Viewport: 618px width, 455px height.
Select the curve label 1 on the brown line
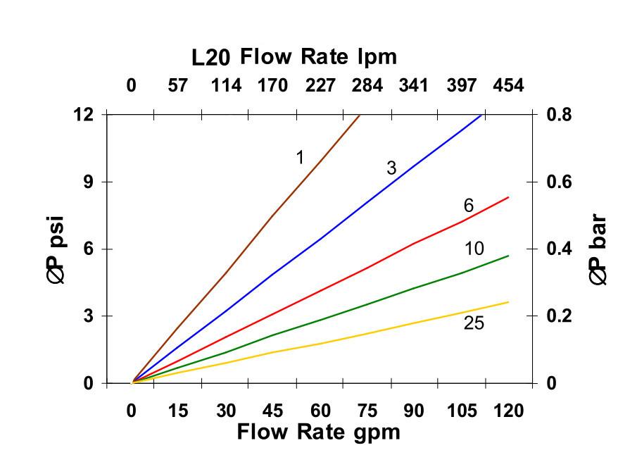[300, 158]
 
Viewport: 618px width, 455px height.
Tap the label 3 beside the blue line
[391, 168]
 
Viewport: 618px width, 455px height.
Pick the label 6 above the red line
[468, 206]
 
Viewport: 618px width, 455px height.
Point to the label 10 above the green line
[474, 249]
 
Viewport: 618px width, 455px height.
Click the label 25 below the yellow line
[474, 323]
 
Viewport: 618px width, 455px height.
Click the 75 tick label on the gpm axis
[367, 411]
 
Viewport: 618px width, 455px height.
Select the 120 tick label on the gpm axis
[509, 411]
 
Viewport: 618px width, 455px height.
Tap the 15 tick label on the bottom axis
[179, 411]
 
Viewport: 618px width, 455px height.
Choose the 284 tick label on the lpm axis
[367, 86]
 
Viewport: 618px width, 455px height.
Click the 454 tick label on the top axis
[509, 86]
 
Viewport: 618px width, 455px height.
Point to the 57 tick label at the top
[179, 86]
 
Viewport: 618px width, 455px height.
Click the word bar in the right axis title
[598, 232]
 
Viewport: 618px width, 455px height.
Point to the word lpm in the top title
[377, 56]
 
